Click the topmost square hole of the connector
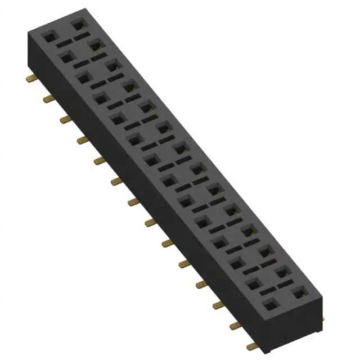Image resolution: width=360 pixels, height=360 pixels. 77,24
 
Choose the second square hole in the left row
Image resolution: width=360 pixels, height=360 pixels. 66,56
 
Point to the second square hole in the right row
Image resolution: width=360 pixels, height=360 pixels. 94,44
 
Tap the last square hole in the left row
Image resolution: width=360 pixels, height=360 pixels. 269,305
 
